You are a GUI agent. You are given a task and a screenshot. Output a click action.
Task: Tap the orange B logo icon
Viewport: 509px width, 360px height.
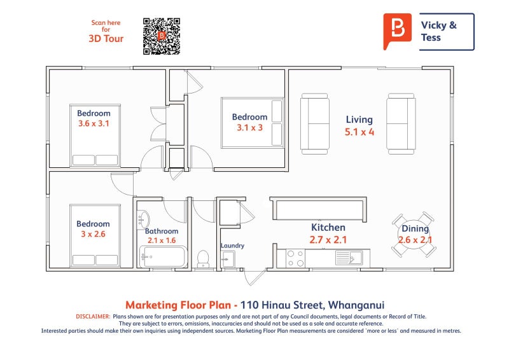[398, 30]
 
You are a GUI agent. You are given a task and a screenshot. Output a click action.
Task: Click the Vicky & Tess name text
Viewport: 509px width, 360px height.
[439, 31]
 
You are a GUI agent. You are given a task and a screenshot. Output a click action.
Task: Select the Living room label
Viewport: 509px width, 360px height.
[359, 120]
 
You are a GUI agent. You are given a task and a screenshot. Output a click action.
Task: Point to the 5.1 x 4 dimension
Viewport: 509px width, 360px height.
[359, 132]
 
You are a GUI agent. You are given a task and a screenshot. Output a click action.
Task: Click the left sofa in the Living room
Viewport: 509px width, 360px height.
[315, 123]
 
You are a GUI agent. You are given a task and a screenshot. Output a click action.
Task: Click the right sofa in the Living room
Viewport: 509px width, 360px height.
[401, 123]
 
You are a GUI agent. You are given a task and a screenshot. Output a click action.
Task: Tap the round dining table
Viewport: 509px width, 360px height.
[414, 235]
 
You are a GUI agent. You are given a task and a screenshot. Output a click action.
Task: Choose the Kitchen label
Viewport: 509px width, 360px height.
[328, 228]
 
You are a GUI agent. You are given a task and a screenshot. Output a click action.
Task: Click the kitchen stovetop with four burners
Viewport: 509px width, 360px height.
[295, 258]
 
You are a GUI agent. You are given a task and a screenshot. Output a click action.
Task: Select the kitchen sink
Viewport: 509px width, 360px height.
[348, 258]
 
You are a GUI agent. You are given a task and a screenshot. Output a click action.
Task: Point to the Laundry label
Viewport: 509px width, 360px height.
[232, 246]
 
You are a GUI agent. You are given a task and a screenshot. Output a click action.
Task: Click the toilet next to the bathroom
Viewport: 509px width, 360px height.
[204, 258]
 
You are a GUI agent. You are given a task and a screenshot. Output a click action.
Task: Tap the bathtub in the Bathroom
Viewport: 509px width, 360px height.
[164, 257]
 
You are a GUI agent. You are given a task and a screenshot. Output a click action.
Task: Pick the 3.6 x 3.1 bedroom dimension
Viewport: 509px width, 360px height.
[94, 124]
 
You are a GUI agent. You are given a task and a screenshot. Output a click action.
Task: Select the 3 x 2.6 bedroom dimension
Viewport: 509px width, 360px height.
[93, 234]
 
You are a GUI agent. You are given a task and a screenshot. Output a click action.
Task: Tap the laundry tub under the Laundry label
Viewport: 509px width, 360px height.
[228, 259]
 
